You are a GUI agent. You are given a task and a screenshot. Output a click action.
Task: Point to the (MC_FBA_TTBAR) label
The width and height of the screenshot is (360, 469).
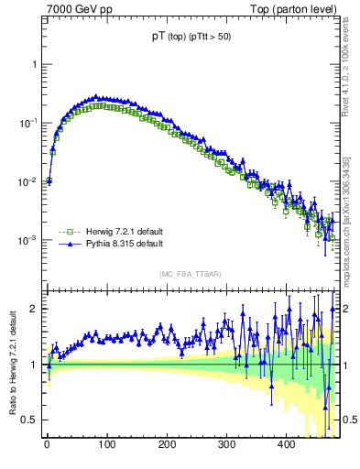tap(189, 275)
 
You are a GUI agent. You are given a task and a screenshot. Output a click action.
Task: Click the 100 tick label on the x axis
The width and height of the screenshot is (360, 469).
tap(106, 444)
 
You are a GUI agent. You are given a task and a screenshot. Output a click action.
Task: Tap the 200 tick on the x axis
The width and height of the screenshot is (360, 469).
tap(167, 444)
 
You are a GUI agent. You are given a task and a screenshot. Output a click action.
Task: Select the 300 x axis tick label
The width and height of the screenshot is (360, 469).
tap(226, 444)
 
